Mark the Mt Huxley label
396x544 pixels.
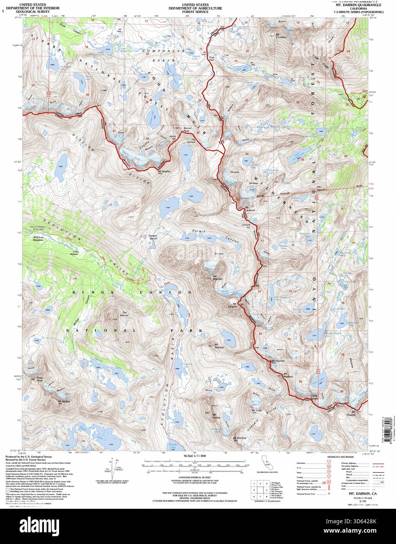pos(216,416)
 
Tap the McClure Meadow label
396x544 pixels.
pos(38,239)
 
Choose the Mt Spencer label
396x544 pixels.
pos(218,346)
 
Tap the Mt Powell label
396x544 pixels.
pos(353,414)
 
